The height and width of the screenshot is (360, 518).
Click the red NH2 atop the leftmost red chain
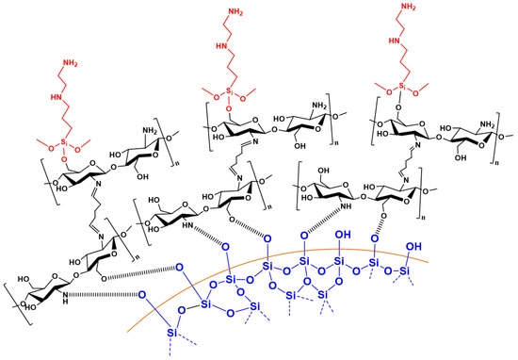pyautogui.click(x=70, y=63)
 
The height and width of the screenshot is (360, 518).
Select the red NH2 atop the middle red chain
pyautogui.click(x=235, y=13)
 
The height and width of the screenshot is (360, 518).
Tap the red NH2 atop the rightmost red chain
pyautogui.click(x=408, y=7)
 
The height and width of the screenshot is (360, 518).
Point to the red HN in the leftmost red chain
pyautogui.click(x=57, y=97)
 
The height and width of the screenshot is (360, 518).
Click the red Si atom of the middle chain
pyautogui.click(x=230, y=90)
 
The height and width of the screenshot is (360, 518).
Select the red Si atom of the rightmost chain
pyautogui.click(x=402, y=87)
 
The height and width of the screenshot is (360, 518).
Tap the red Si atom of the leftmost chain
pyautogui.click(x=64, y=142)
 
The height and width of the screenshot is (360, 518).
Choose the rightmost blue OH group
pyautogui.click(x=413, y=246)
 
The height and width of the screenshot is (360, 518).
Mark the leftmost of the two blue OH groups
pyautogui.click(x=343, y=235)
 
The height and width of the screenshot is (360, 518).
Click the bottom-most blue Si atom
pyautogui.click(x=171, y=333)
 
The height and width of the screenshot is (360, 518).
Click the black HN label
pyautogui.click(x=188, y=225)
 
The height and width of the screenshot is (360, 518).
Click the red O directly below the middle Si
pyautogui.click(x=229, y=108)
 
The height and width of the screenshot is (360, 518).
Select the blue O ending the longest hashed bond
pyautogui.click(x=142, y=294)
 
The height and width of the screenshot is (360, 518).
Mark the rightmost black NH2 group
pyautogui.click(x=486, y=124)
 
